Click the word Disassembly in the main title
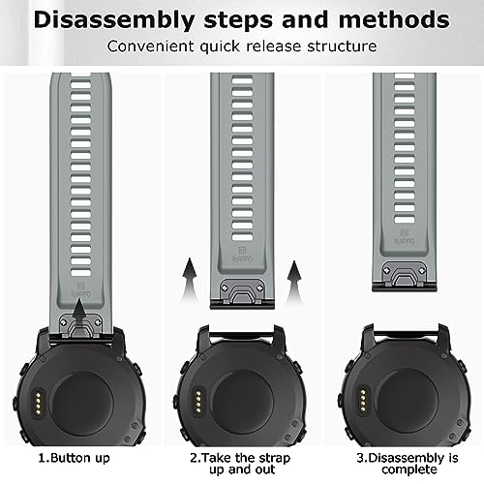point(114,20)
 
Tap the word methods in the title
point(394,19)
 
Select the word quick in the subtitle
point(220,46)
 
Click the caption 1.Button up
point(75,458)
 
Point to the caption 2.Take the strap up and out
point(240,464)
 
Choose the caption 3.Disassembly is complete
point(408,464)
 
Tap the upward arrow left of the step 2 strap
point(190,279)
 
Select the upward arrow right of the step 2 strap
point(294,282)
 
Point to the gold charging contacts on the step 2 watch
point(198,403)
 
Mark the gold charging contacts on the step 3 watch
point(363,401)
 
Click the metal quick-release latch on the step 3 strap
point(405,274)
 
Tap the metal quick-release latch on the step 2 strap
point(242,291)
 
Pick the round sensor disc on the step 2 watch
point(243,403)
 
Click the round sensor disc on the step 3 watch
point(408,400)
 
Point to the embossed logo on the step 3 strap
point(405,237)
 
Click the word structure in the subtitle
point(342,46)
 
